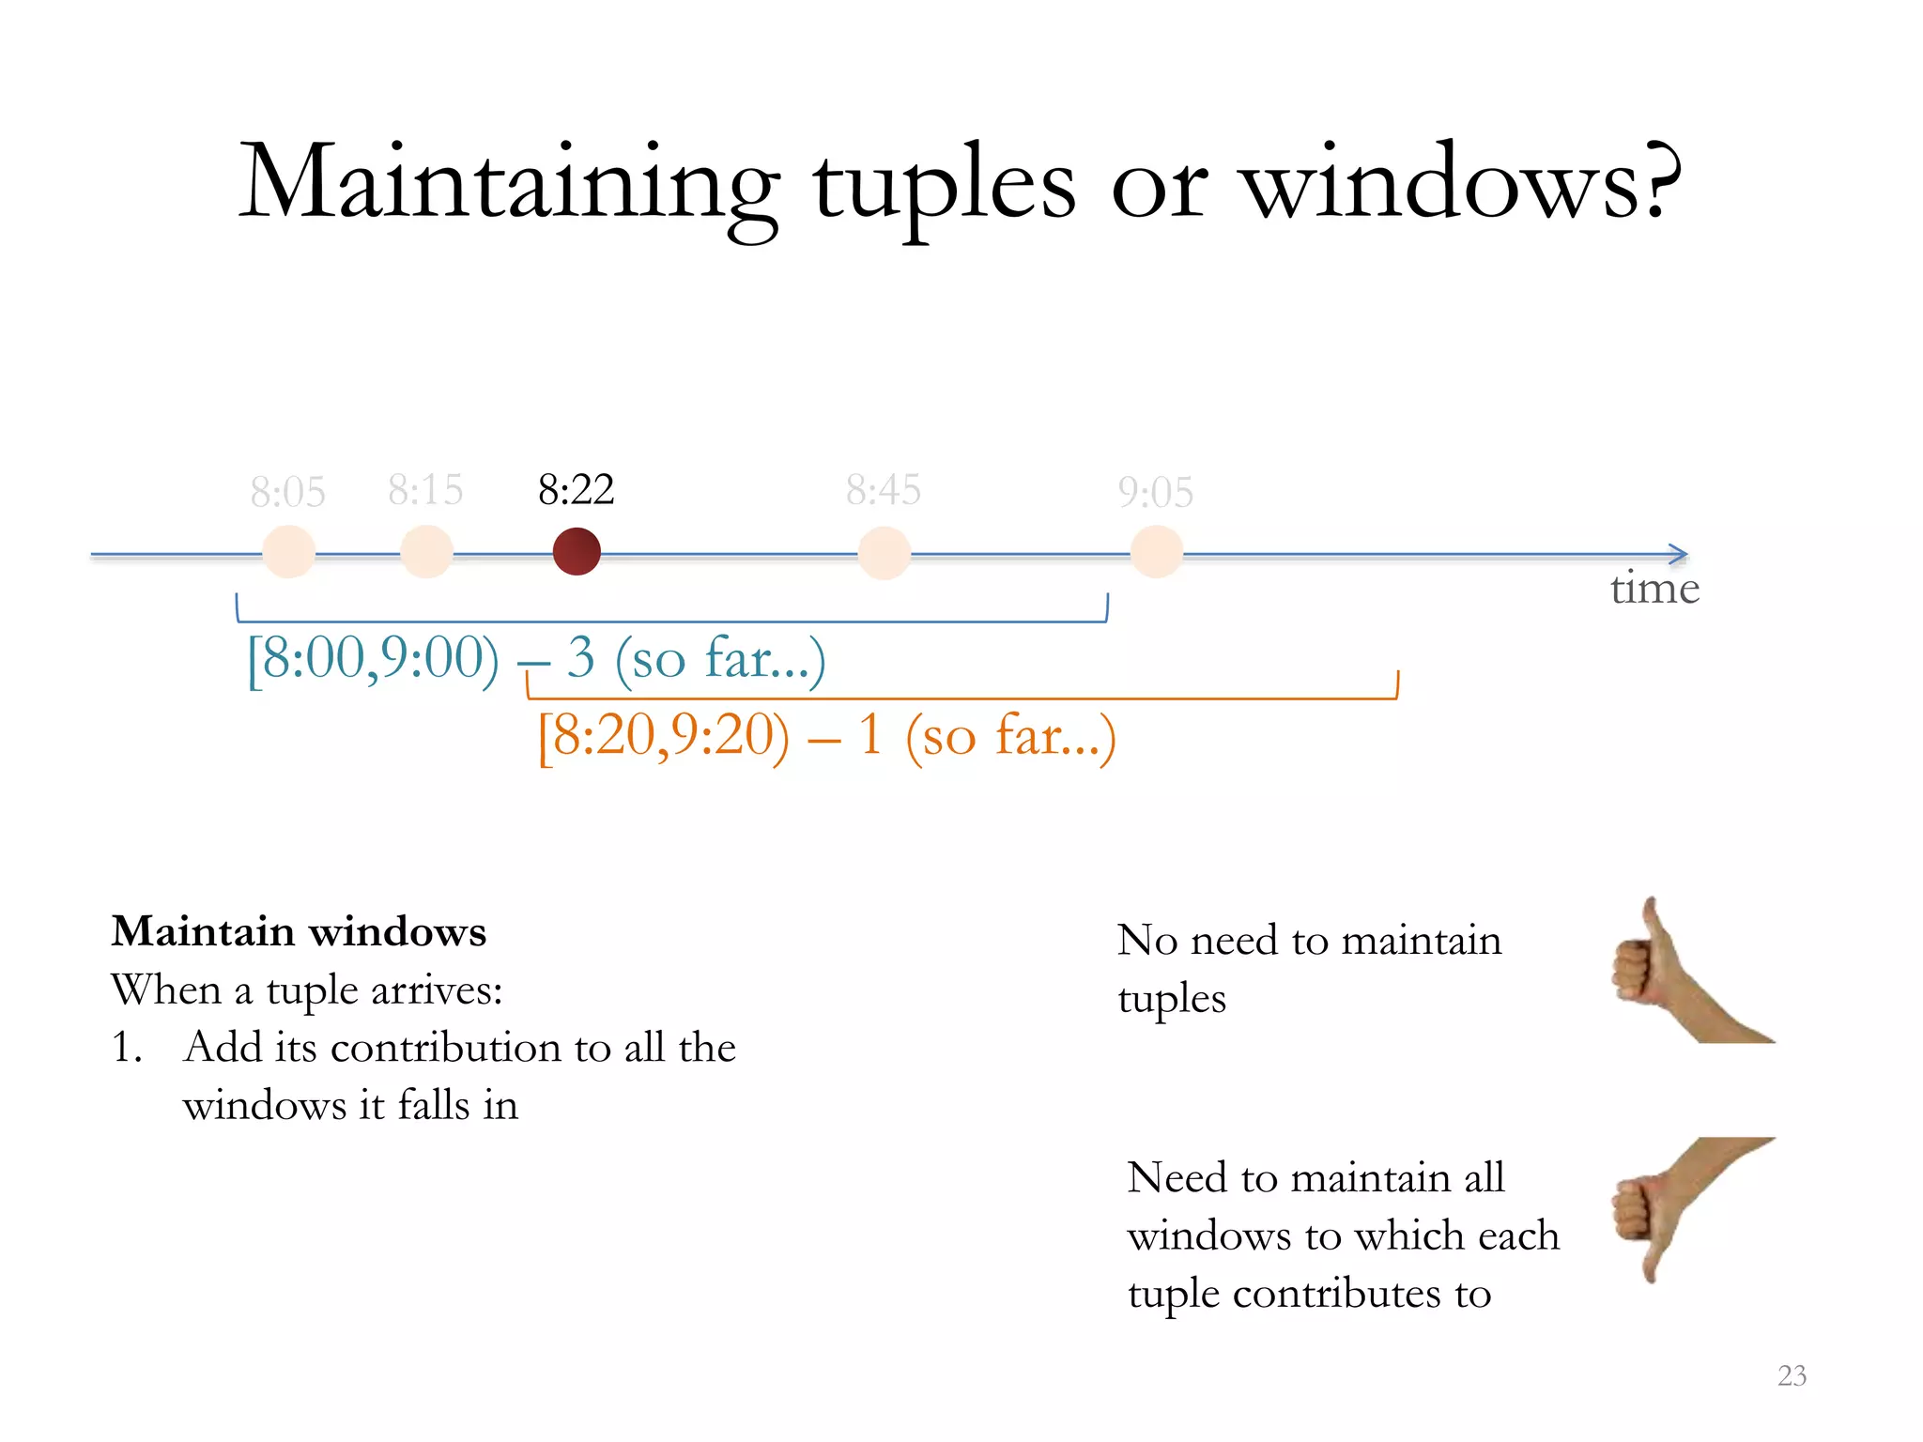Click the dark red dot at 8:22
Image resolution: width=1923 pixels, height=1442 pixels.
coord(577,551)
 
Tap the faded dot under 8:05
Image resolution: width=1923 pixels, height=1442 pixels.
coord(288,551)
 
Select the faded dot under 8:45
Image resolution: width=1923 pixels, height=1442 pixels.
coord(884,553)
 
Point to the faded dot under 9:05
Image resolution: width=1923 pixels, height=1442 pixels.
coord(1156,552)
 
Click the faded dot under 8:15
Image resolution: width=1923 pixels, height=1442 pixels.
coord(426,551)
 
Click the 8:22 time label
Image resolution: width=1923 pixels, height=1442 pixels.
coord(576,489)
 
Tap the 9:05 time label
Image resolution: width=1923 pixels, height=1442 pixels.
coord(1155,491)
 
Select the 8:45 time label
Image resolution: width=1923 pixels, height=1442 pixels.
coord(883,489)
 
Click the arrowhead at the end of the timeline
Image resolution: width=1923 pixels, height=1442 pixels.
coord(1679,555)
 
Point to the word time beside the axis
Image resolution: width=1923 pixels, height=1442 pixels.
coord(1654,589)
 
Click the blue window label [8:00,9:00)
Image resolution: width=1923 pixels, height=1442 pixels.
coord(372,657)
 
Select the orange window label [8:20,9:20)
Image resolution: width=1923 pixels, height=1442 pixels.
coord(663,735)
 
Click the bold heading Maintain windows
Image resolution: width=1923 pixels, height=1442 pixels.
coord(299,931)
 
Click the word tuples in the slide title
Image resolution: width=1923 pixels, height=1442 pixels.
coord(944,183)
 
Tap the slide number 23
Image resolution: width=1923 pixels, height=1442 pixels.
coord(1792,1375)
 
